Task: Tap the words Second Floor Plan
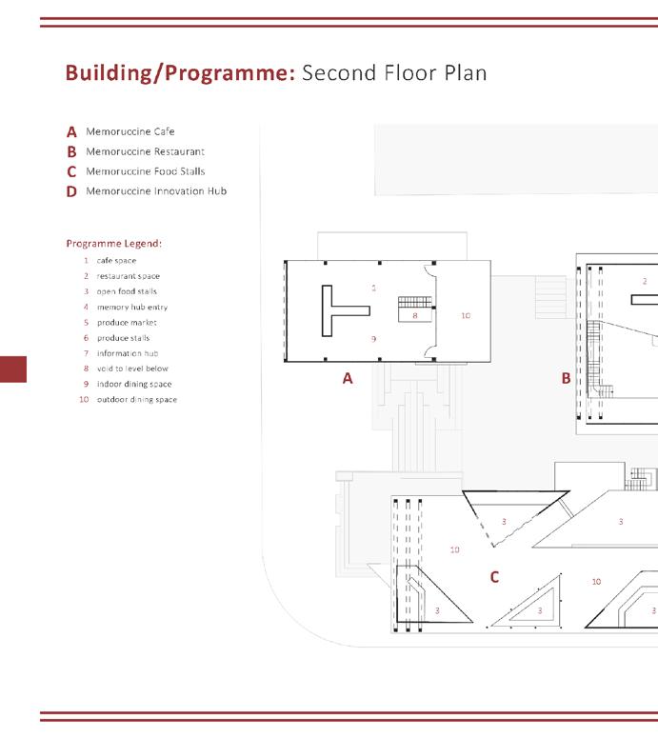[x=394, y=73]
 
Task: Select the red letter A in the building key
[x=71, y=132]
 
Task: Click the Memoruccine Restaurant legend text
[x=145, y=151]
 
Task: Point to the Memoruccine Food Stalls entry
[x=145, y=171]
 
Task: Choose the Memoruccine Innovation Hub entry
[x=155, y=191]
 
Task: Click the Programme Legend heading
[x=113, y=243]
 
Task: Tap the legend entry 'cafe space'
[x=116, y=261]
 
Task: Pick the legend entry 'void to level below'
[x=132, y=369]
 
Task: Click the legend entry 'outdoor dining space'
[x=136, y=399]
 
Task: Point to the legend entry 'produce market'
[x=127, y=323]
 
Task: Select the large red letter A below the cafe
[x=348, y=378]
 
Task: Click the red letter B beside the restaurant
[x=566, y=378]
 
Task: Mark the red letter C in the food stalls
[x=494, y=577]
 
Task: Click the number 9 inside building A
[x=374, y=339]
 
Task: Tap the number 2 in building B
[x=645, y=281]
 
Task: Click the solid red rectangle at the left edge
[x=13, y=369]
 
